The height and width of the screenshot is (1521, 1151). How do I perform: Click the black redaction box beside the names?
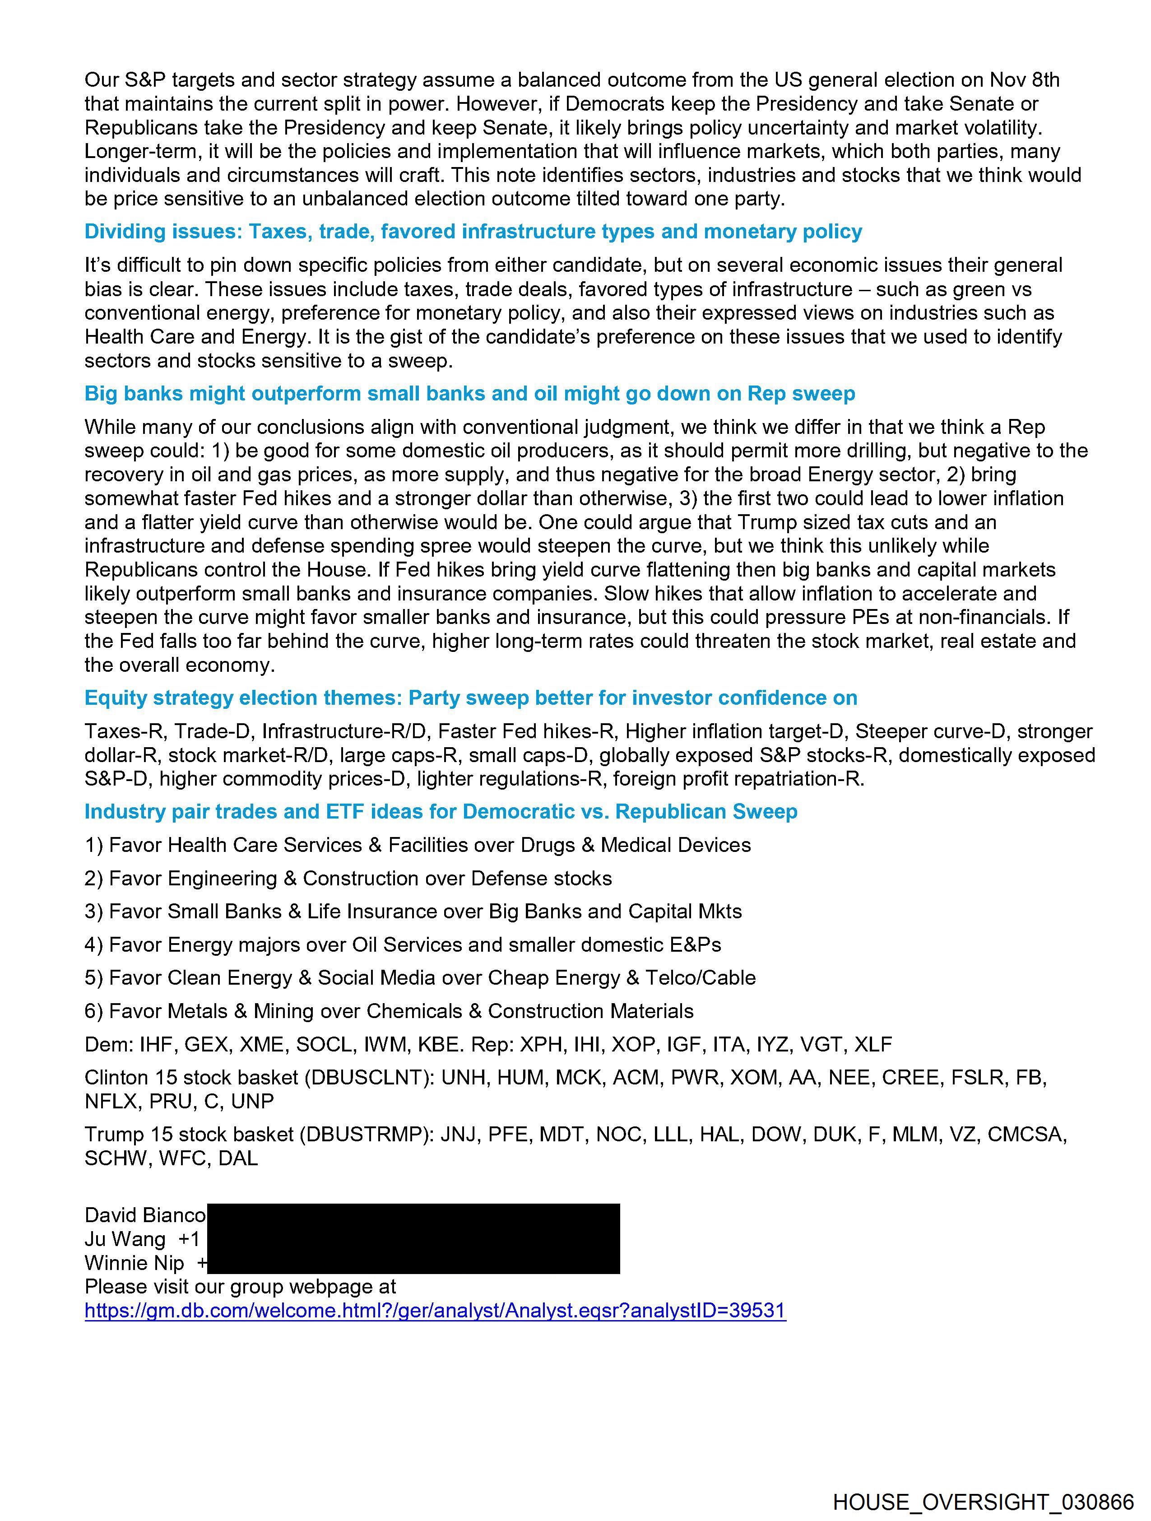coord(413,1238)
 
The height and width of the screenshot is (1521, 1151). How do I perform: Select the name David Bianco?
coord(145,1215)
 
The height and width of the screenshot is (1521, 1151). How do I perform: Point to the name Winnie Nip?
coord(135,1263)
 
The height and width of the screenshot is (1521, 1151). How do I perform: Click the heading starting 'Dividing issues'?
coord(473,232)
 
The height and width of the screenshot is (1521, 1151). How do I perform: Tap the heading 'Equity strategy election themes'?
coord(470,698)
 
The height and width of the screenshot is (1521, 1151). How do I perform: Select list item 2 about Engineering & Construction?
coord(348,878)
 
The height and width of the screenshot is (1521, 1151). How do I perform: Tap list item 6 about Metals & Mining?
coord(389,1011)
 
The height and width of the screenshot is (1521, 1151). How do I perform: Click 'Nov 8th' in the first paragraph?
coord(1025,80)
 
